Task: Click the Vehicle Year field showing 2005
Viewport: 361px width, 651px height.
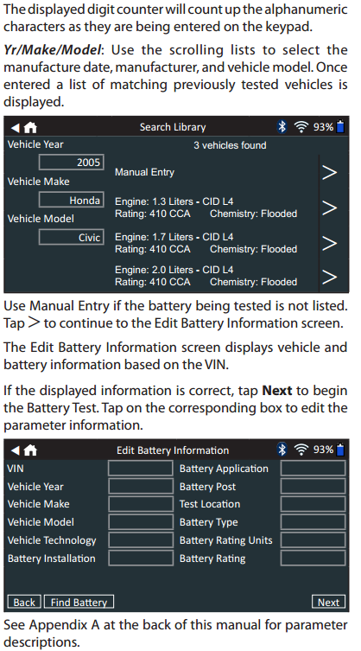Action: (71, 163)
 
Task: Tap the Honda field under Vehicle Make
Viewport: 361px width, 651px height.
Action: (71, 200)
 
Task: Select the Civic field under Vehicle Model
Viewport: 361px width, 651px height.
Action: (71, 238)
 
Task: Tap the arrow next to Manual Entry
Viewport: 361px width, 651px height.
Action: (329, 172)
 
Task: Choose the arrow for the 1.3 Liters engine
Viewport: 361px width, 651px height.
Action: (329, 207)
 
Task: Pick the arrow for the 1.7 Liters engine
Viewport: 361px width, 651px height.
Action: (329, 243)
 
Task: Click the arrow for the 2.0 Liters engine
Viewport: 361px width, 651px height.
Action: (329, 277)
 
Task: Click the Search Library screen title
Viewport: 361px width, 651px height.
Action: (173, 127)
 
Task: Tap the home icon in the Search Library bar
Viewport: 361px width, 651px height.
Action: (30, 127)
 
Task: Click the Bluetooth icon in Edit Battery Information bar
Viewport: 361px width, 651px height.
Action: (282, 450)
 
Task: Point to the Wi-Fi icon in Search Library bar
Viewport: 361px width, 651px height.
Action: (301, 126)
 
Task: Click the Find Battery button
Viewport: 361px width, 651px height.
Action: (79, 602)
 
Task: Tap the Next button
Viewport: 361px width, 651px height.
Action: (328, 602)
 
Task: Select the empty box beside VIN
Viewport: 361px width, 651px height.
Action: (141, 469)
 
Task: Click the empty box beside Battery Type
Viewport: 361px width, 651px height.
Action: (313, 522)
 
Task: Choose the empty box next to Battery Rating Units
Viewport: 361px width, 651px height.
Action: (313, 540)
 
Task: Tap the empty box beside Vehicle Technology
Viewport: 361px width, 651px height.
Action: (141, 540)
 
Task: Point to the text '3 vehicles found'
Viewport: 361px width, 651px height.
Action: (230, 145)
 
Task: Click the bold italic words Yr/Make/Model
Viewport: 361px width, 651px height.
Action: (53, 50)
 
